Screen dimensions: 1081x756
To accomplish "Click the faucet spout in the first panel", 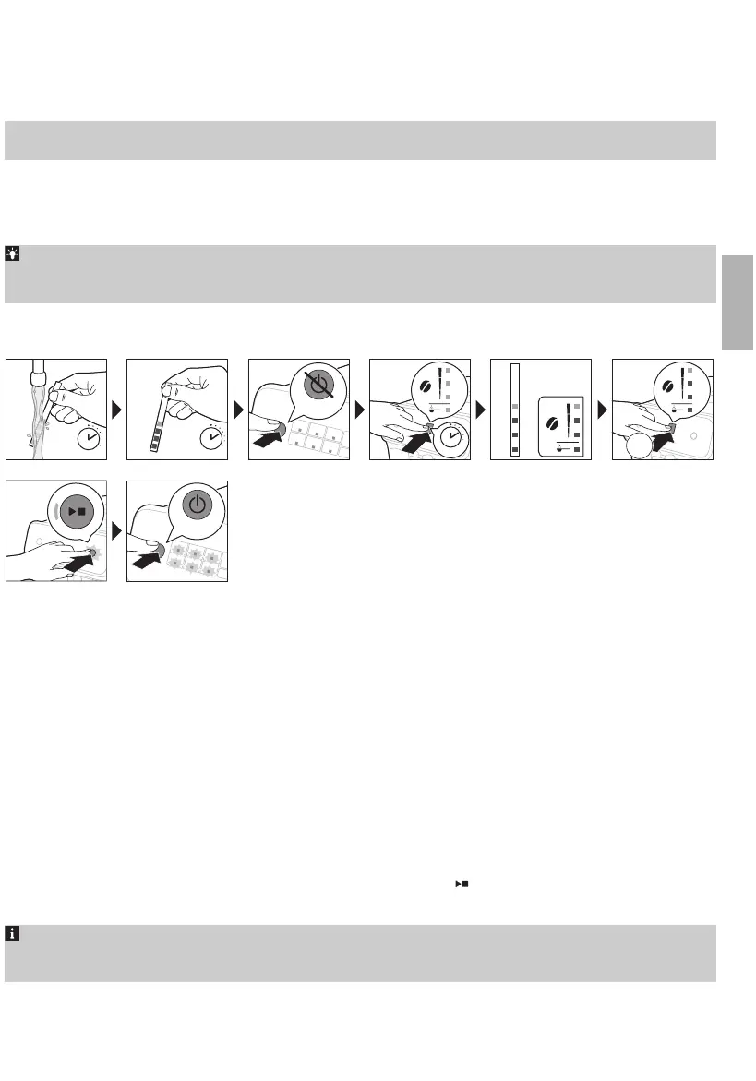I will [39, 374].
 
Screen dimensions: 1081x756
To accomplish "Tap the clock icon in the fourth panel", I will [450, 437].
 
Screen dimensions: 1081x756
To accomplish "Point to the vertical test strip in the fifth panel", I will [516, 410].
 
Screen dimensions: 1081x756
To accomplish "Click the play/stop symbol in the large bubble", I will [77, 510].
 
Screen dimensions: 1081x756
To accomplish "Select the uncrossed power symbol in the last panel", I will [196, 505].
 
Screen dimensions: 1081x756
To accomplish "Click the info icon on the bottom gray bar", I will [13, 933].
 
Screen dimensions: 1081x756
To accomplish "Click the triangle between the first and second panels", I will [117, 409].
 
